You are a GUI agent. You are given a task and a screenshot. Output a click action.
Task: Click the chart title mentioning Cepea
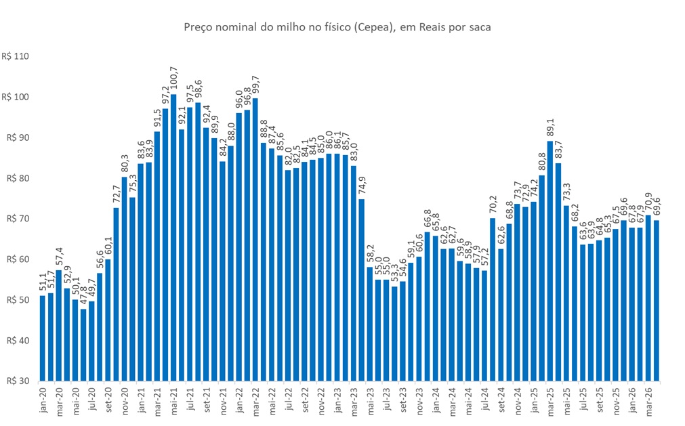(x=337, y=28)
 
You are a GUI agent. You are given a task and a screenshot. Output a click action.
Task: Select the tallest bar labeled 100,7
(x=173, y=237)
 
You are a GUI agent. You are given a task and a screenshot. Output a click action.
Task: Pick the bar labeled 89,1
(x=550, y=261)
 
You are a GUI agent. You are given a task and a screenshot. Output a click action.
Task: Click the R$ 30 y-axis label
(x=17, y=381)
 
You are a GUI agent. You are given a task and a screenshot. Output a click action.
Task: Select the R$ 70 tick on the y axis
(x=17, y=219)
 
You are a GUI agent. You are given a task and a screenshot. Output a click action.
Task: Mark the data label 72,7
(x=117, y=194)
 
